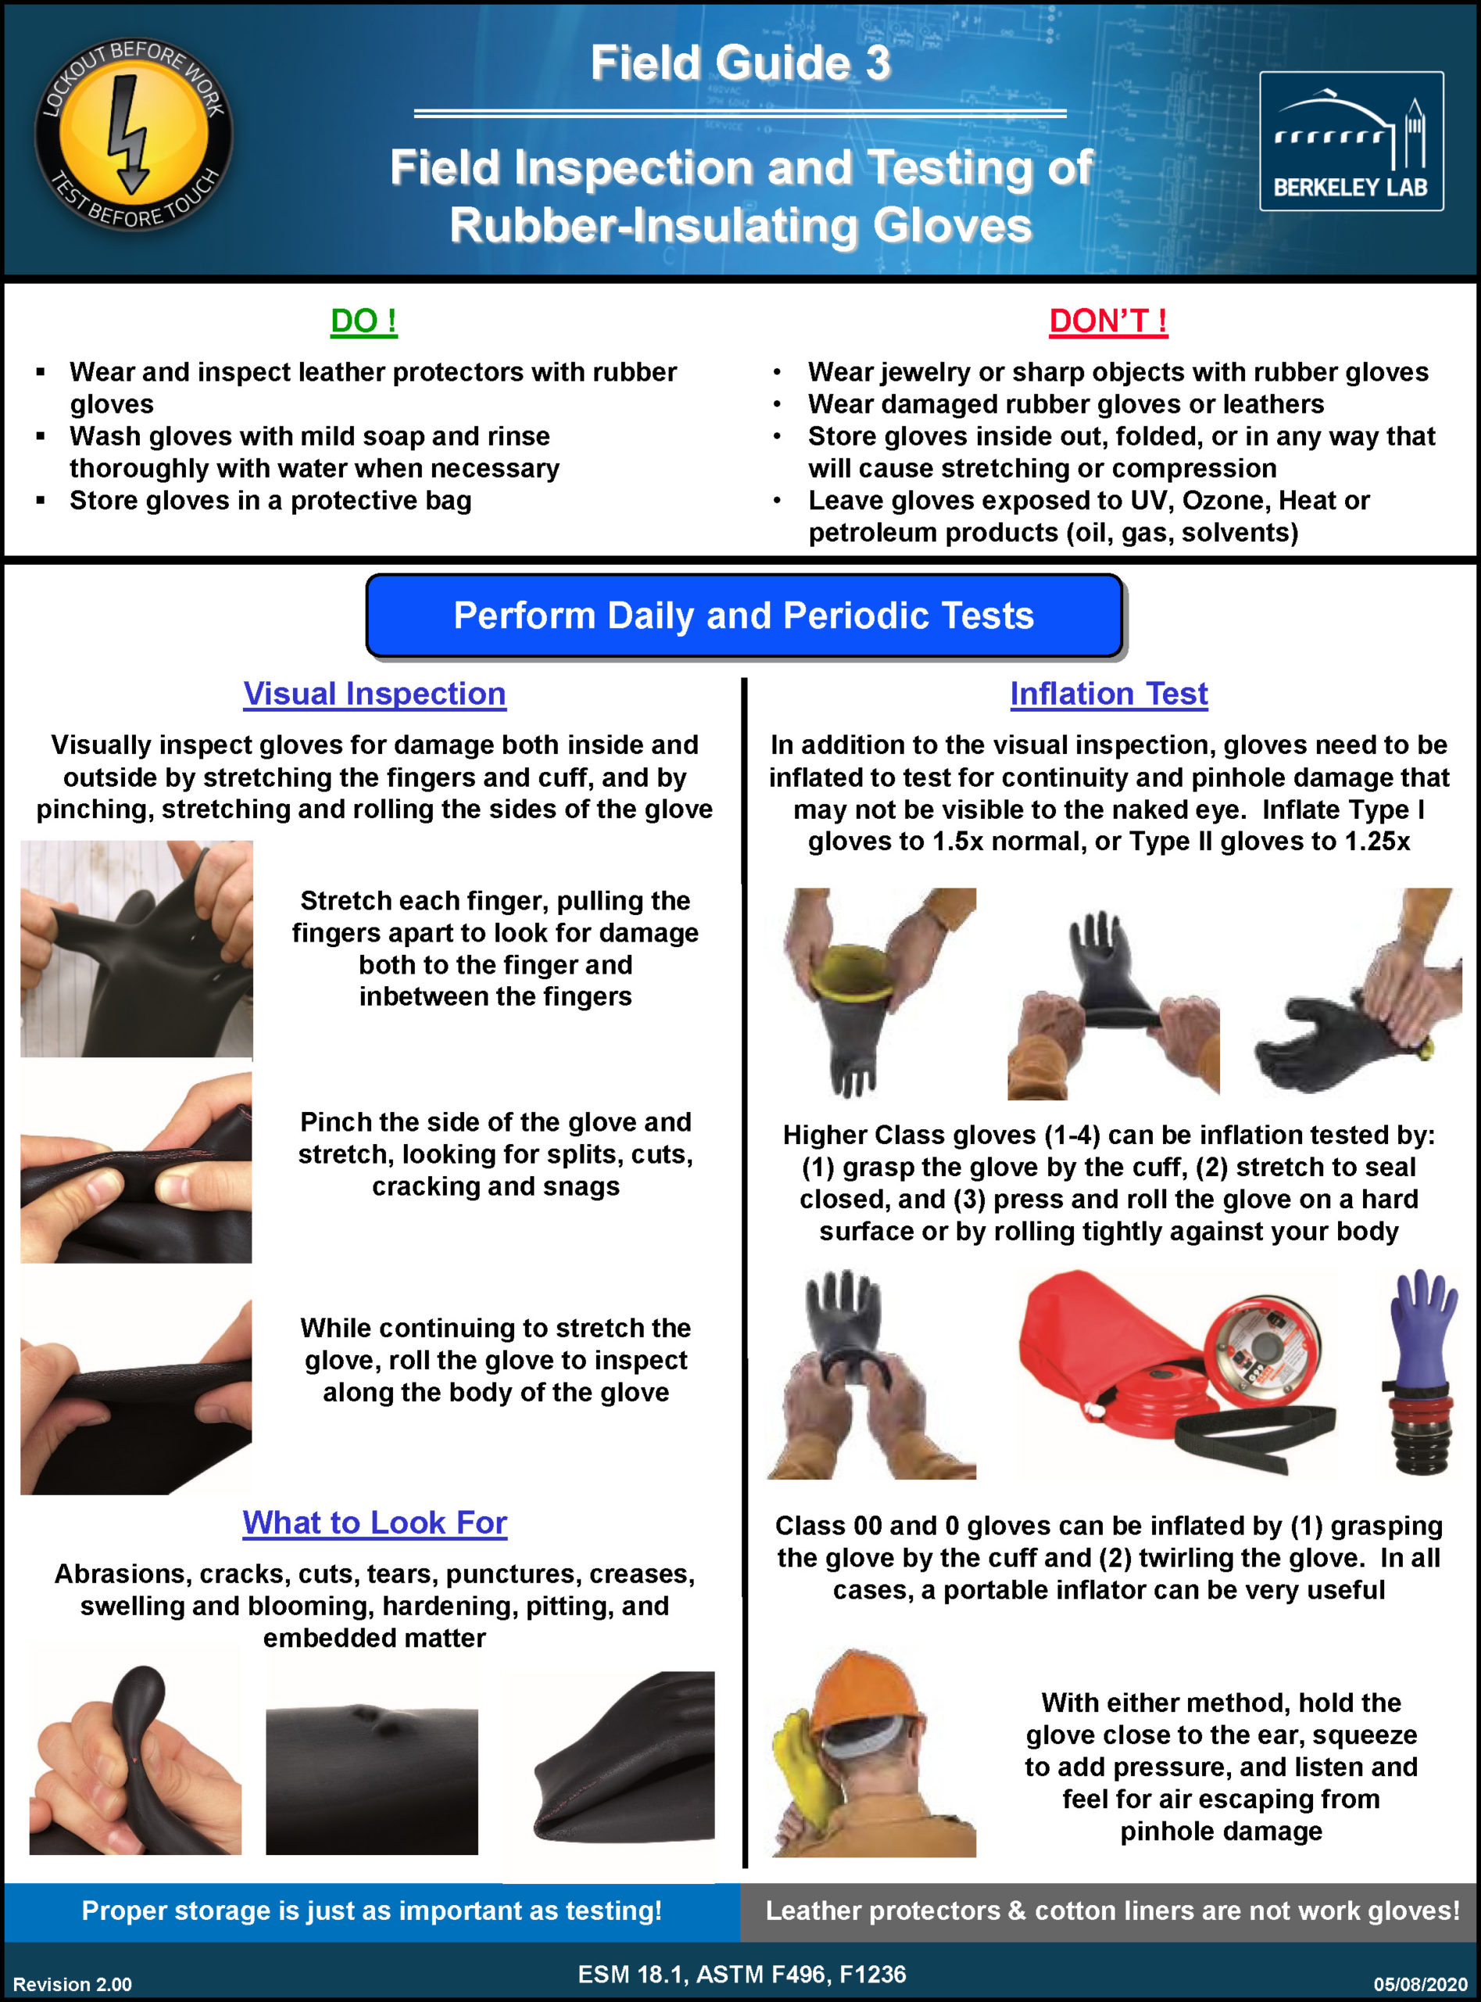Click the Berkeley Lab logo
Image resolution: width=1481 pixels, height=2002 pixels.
[1350, 141]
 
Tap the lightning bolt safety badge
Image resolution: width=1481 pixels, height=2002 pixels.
[134, 135]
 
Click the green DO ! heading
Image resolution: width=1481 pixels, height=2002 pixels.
[363, 320]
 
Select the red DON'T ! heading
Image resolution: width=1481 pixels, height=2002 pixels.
[1108, 320]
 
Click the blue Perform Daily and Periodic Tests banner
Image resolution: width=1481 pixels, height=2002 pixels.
[743, 615]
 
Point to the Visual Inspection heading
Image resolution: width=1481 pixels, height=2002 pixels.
[374, 694]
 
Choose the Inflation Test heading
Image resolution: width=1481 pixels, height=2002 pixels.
[1108, 694]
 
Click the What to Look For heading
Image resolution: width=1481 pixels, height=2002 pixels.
[374, 1522]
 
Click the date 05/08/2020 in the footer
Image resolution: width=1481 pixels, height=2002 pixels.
[1420, 1983]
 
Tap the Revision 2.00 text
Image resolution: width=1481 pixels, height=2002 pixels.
[72, 1983]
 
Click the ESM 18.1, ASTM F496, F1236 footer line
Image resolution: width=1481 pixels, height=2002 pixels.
[742, 1973]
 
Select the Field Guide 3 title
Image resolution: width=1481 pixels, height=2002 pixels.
[741, 63]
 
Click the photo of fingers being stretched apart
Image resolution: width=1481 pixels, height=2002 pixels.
[136, 948]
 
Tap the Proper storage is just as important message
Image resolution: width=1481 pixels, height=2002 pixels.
[371, 1910]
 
